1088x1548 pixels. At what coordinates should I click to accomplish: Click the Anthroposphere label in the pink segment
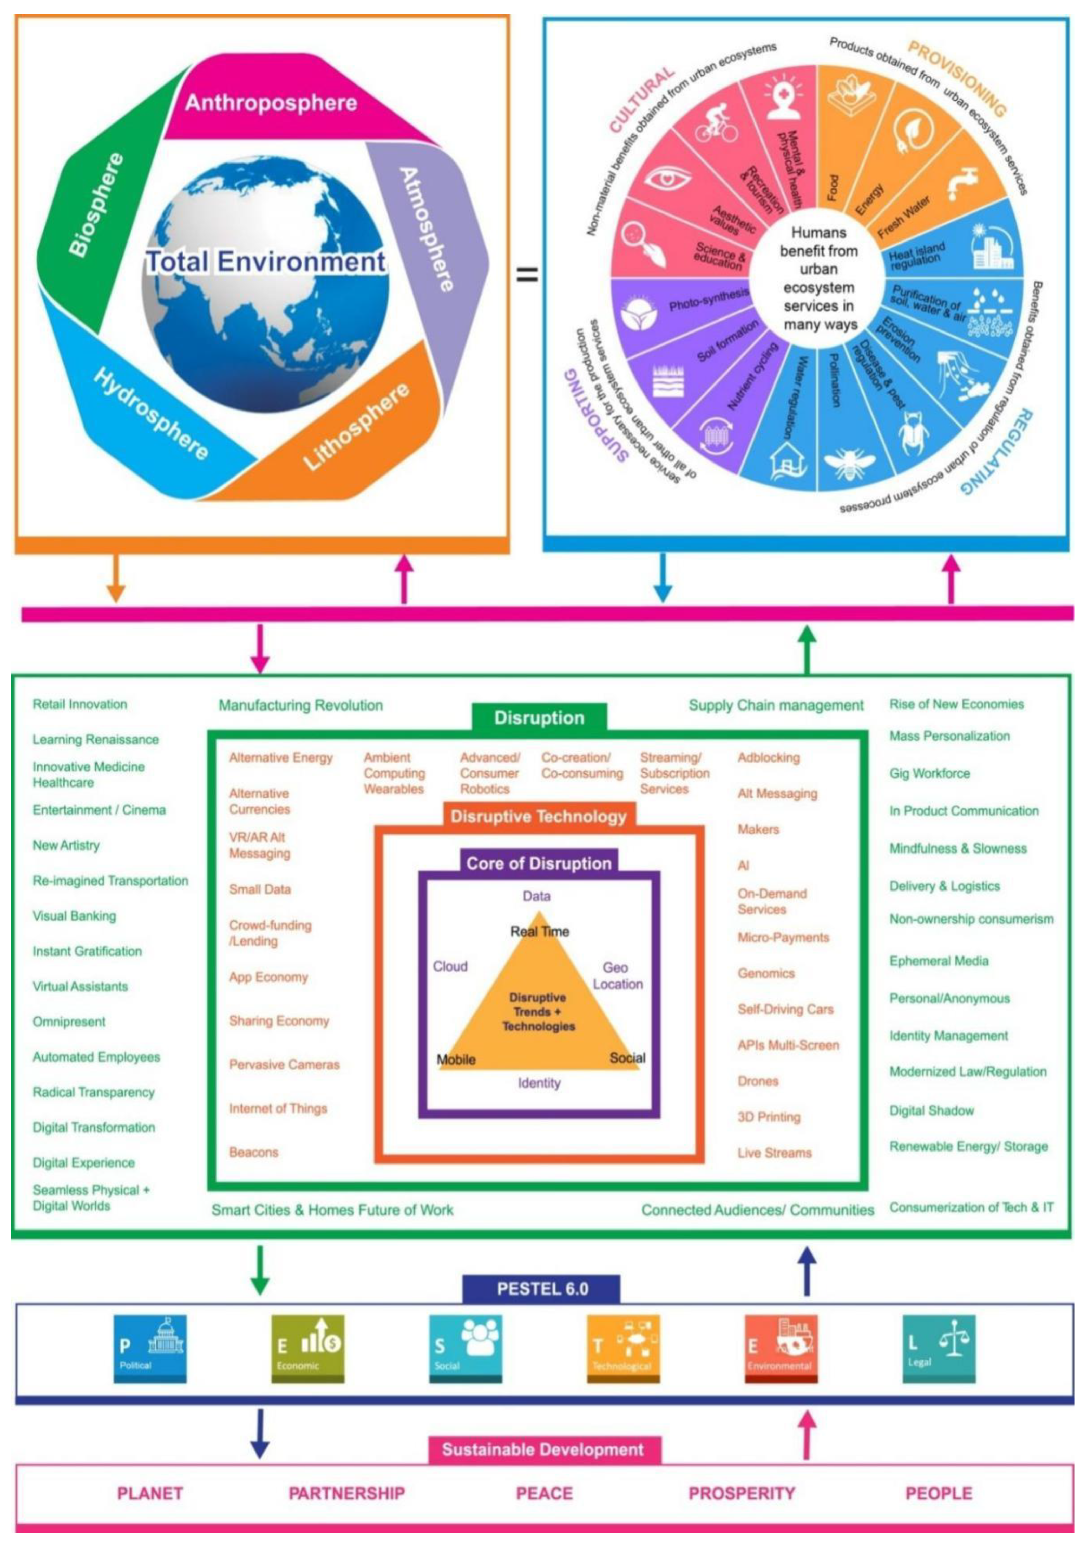point(271,103)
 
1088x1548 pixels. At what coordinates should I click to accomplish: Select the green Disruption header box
point(539,717)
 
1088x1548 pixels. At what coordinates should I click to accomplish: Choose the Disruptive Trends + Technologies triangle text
point(539,1011)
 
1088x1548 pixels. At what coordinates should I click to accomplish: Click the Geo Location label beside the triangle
point(617,976)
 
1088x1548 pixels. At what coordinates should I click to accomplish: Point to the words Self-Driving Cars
point(785,1009)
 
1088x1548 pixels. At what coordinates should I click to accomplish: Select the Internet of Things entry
point(278,1108)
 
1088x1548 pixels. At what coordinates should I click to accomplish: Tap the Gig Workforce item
point(930,773)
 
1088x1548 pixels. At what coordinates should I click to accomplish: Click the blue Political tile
point(150,1349)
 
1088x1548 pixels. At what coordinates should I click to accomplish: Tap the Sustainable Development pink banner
point(543,1449)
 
